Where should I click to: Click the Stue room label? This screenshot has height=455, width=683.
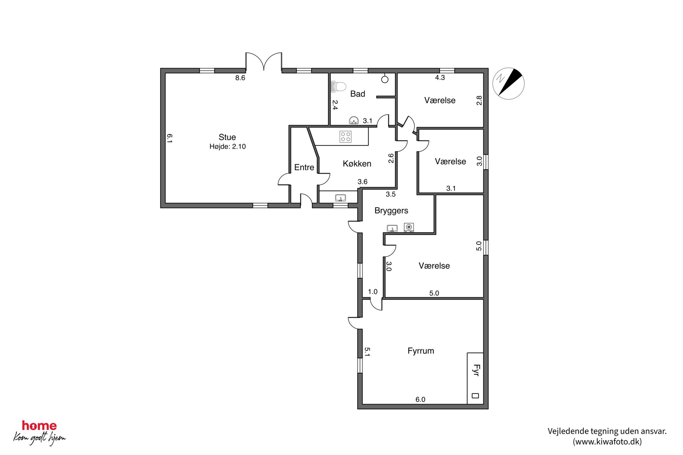tap(227, 137)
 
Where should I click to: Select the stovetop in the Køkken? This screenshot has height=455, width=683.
tap(346, 137)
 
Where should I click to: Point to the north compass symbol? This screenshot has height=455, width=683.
tap(508, 84)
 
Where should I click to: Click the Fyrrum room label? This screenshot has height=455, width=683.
tap(421, 351)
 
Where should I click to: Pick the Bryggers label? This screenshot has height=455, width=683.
tap(391, 210)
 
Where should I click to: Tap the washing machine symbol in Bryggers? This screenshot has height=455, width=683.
tap(409, 227)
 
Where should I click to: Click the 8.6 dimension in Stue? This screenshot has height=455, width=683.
tap(240, 78)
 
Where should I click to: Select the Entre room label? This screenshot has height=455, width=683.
tap(304, 167)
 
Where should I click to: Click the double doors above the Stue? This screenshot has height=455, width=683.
tap(264, 62)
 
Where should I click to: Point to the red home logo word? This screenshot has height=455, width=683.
tap(39, 425)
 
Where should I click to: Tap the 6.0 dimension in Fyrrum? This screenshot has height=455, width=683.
tap(420, 399)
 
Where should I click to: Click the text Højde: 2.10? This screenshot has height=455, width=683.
tap(228, 147)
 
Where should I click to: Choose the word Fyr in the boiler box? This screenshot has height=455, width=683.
tap(476, 370)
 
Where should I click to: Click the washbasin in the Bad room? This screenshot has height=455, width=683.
tap(354, 120)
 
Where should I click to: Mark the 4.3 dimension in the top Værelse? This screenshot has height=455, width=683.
tap(440, 77)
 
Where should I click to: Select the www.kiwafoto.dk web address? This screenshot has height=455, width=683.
tap(607, 442)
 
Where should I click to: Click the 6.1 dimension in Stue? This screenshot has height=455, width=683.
tap(169, 138)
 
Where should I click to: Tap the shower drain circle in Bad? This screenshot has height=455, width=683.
tap(385, 79)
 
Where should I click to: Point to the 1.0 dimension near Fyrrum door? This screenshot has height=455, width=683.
tap(372, 292)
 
